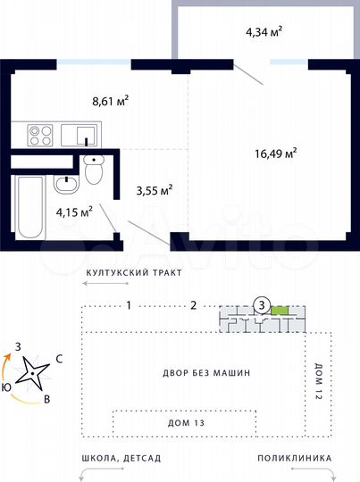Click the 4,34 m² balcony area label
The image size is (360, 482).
click(x=264, y=32)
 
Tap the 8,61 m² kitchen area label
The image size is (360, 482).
click(x=111, y=102)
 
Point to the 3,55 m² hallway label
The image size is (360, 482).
click(x=154, y=189)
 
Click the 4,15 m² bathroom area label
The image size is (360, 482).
click(x=75, y=212)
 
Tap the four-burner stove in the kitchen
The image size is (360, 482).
click(x=40, y=136)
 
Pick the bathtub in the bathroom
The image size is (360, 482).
click(x=29, y=207)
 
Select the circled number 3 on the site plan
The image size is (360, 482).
click(x=260, y=304)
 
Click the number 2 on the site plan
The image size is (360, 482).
click(x=193, y=305)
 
